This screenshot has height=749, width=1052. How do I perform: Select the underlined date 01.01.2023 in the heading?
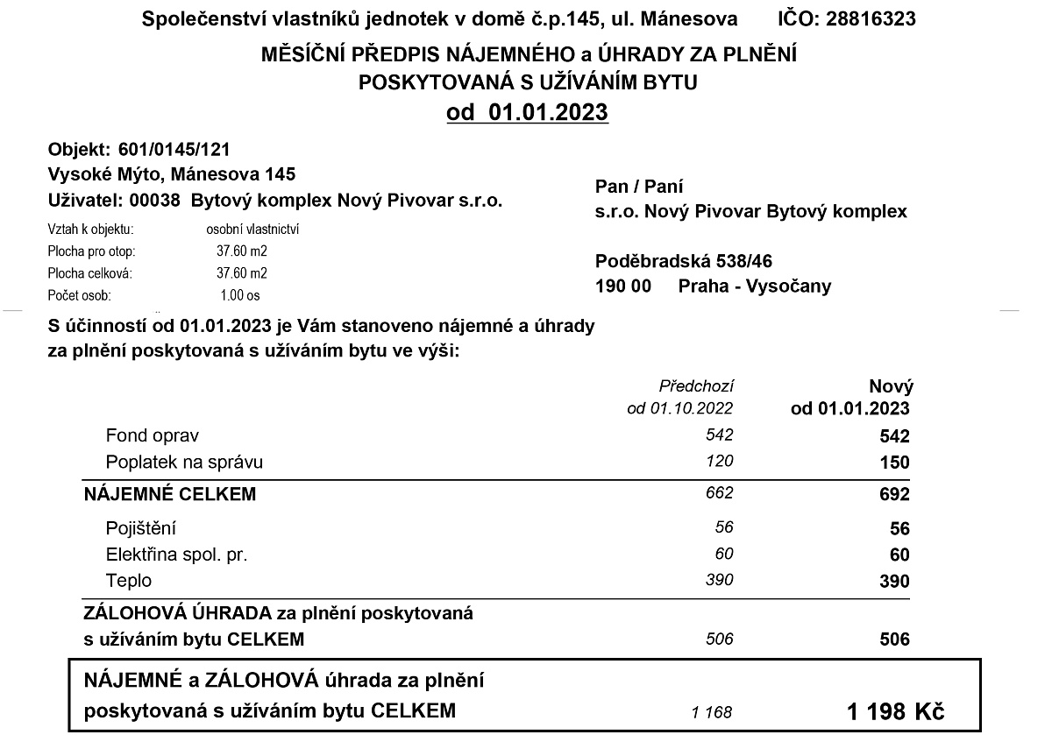[548, 112]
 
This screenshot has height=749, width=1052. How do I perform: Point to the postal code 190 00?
[622, 286]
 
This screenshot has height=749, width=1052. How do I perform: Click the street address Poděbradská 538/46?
[684, 261]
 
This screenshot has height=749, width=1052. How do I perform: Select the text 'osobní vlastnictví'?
[246, 230]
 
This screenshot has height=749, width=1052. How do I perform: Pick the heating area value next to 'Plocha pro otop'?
[242, 251]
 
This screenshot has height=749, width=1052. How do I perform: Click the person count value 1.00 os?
[240, 295]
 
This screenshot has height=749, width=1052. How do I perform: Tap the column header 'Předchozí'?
[696, 385]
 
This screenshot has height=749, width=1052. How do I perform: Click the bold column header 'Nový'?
[891, 386]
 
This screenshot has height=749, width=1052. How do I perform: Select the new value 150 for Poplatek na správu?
[894, 463]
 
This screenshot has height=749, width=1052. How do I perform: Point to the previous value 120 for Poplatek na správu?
[719, 461]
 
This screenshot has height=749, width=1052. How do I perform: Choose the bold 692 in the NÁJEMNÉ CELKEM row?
[894, 495]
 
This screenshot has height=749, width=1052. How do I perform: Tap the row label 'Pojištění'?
[141, 528]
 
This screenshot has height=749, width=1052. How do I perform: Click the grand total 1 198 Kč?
[895, 711]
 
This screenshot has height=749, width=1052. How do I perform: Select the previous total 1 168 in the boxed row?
[711, 712]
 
